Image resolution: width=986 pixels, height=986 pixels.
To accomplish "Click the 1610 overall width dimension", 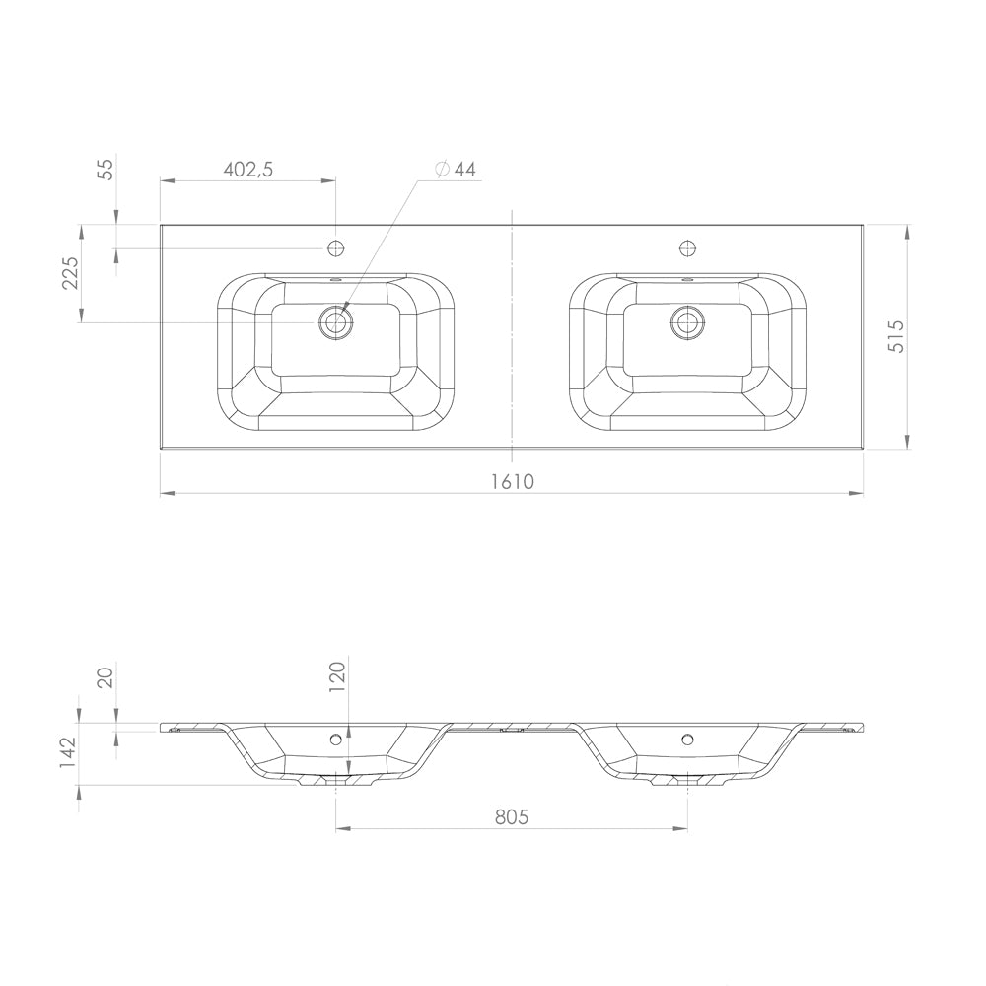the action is coord(512,482).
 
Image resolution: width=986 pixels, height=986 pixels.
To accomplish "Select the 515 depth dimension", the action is coord(895,336).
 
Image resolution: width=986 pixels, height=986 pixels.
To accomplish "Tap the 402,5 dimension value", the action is coord(248,170).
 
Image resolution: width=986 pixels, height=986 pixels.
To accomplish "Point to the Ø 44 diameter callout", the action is coord(456,170).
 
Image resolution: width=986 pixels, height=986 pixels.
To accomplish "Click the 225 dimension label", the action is coord(70,273).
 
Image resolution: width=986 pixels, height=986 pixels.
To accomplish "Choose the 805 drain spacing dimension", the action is coord(512,816).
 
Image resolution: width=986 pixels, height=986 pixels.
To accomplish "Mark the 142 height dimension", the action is coord(67,752).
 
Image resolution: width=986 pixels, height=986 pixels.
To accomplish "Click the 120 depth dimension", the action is coord(337,676).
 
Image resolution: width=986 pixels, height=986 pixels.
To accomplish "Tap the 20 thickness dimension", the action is coord(106,677).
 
